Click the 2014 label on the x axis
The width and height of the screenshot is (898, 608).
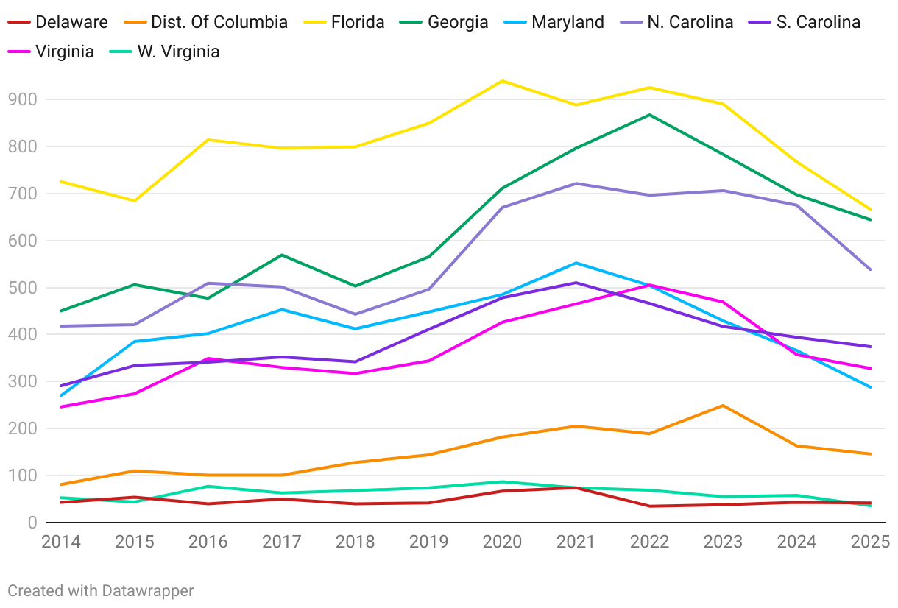point(61,542)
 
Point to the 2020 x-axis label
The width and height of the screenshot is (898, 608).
point(502,542)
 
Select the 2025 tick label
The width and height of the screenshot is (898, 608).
point(869,542)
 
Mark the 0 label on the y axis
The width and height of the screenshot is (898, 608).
point(32,523)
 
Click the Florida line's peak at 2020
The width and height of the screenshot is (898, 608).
point(502,81)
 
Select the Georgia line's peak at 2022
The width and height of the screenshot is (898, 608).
point(649,115)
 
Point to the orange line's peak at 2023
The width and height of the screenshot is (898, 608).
point(723,406)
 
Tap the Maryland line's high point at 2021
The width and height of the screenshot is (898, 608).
point(576,263)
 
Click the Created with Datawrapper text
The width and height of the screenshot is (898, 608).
point(101,590)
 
